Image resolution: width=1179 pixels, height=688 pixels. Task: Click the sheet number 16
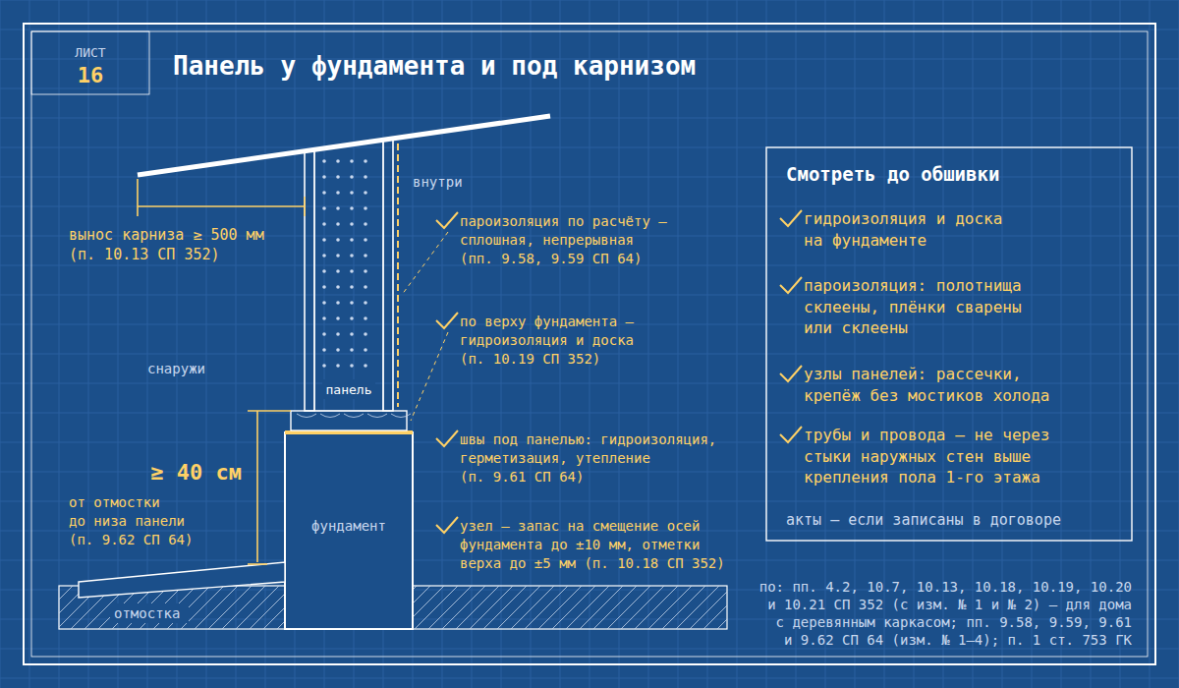click(x=90, y=76)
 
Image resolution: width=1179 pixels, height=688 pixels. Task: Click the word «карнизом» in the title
click(x=635, y=66)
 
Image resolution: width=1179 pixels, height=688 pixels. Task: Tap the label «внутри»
click(x=437, y=182)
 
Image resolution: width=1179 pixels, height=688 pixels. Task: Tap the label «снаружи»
click(x=176, y=369)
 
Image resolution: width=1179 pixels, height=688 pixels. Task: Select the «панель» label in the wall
click(x=349, y=390)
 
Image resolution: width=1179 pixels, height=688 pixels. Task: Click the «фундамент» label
click(x=349, y=526)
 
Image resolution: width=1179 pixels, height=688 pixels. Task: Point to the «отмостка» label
click(x=146, y=613)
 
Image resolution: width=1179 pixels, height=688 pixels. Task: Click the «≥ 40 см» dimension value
click(x=196, y=472)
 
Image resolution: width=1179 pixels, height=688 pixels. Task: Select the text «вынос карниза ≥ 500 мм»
click(x=167, y=235)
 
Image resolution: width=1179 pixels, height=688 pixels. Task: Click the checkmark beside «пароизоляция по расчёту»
click(x=447, y=220)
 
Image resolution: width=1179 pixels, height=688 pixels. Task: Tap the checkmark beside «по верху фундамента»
click(x=447, y=320)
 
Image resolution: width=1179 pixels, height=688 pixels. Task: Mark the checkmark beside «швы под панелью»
click(x=447, y=438)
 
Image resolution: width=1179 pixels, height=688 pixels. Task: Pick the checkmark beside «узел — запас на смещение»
click(x=447, y=525)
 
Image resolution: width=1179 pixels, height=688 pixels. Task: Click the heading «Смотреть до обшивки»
click(x=893, y=175)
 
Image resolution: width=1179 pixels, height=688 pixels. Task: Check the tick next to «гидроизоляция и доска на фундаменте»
click(x=791, y=218)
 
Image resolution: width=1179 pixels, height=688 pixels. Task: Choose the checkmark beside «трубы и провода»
click(x=791, y=434)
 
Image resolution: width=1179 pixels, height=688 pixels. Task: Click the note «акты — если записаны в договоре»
click(x=924, y=520)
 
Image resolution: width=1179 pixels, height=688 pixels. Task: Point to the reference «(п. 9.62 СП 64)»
click(x=131, y=541)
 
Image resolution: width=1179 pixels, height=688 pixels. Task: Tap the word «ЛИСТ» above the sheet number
click(x=90, y=53)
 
